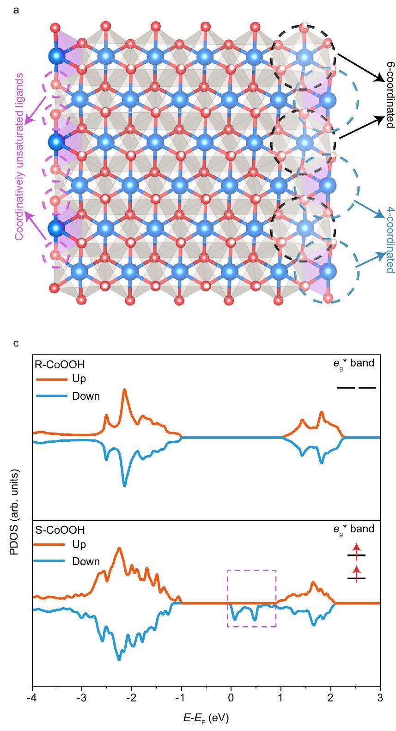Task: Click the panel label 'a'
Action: tap(17, 8)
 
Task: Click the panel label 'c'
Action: tap(16, 343)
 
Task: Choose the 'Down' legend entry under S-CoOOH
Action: tap(85, 561)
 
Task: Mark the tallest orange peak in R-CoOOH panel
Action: tap(124, 390)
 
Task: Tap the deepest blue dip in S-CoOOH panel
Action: tap(119, 659)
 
